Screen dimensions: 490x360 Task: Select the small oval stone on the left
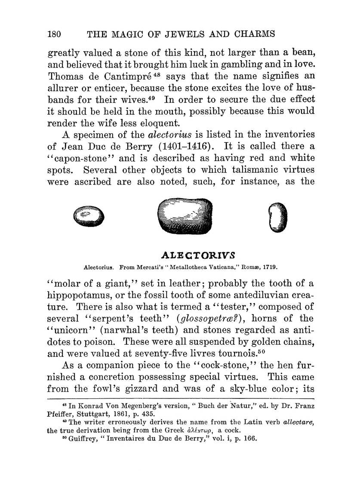click(x=89, y=215)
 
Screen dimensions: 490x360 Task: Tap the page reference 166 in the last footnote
click(x=249, y=439)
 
